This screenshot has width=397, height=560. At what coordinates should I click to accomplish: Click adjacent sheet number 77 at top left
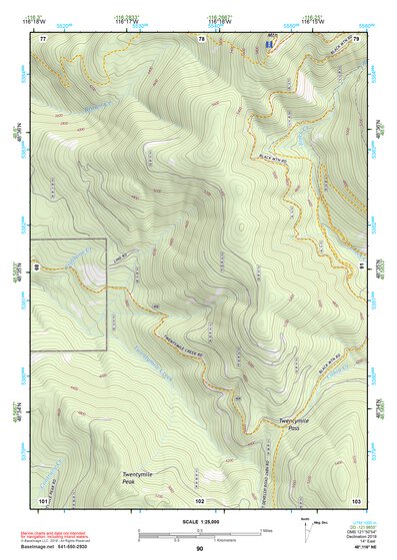[x=43, y=38]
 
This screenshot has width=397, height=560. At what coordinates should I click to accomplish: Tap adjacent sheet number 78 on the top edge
[x=200, y=38]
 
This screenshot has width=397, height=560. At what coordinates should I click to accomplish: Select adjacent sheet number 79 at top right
[x=355, y=38]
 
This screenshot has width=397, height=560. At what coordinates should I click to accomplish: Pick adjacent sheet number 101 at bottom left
[x=43, y=499]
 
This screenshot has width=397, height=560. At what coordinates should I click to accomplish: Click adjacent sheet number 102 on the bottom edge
[x=200, y=499]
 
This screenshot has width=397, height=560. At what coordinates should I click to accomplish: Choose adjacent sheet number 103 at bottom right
[x=355, y=499]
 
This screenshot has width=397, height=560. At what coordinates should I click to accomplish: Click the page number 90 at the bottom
[x=199, y=549]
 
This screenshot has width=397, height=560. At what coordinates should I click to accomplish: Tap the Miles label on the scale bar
[x=266, y=529]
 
